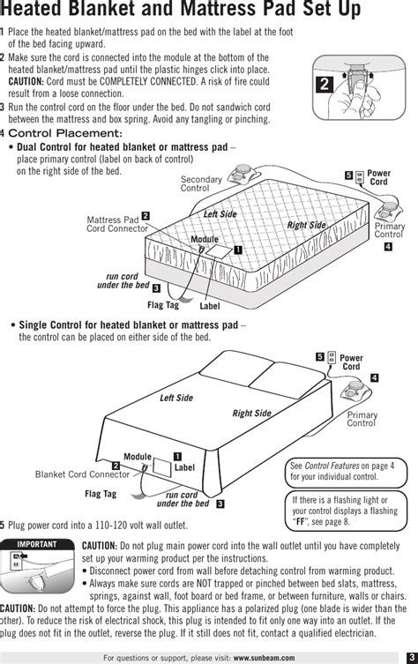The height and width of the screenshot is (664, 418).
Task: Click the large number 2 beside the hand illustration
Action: coord(325,85)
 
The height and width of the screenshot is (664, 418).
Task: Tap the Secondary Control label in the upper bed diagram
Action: coord(201,183)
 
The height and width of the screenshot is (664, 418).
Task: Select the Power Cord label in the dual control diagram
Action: coord(378,177)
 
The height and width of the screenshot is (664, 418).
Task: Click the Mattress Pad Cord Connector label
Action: coord(117,224)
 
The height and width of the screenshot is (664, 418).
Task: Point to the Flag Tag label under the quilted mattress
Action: coord(163,305)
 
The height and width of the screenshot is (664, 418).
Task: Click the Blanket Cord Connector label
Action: coord(82,474)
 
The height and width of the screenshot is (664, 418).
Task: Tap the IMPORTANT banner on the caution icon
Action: coord(37,544)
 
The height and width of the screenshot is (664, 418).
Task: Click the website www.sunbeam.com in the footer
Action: coord(264,658)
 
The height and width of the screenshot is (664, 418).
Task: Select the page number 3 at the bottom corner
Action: coord(412,658)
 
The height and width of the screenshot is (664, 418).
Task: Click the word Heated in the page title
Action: coord(32,10)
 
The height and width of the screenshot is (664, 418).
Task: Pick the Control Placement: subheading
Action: coord(65,133)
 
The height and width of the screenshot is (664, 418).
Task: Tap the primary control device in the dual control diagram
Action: coord(389,209)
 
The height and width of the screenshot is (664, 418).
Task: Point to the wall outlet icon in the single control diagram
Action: coord(332,357)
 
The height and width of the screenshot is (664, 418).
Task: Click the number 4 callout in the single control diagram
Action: coord(375,377)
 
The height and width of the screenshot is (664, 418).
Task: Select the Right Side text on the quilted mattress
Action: coord(307,225)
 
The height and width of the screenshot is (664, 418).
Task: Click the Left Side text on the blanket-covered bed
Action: coord(176,398)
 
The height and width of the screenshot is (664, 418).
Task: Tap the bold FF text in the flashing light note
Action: coord(300,522)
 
